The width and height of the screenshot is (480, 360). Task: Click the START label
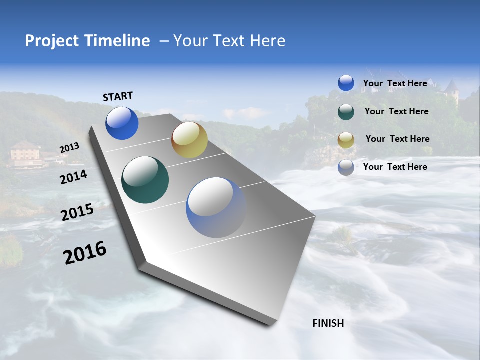point(118,96)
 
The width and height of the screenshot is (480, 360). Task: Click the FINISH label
point(328,323)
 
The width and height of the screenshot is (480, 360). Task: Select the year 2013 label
point(69,148)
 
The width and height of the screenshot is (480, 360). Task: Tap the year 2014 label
point(74,177)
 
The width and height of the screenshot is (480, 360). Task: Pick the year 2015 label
point(77,212)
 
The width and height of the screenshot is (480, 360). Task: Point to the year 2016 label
point(85,253)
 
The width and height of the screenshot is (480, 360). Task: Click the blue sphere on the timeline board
point(122,123)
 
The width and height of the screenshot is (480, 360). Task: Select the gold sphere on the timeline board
point(189,140)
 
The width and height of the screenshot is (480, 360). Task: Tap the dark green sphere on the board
point(145,180)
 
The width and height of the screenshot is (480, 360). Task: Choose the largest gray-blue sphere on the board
point(216,207)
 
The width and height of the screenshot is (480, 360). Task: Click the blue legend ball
point(346,83)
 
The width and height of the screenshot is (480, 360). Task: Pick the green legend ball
point(346,112)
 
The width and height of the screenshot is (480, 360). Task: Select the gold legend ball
point(346,140)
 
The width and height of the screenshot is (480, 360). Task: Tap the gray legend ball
point(346,168)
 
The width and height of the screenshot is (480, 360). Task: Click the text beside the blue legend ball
point(395,84)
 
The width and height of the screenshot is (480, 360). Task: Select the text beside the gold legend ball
point(397,139)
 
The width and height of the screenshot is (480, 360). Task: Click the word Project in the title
point(51,41)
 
